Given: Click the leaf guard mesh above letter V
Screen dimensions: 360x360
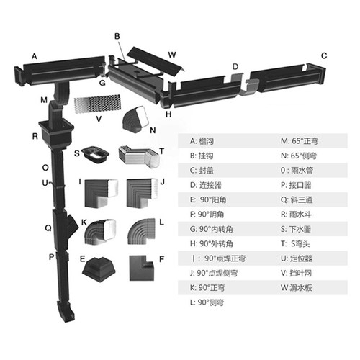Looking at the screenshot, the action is click(97, 104).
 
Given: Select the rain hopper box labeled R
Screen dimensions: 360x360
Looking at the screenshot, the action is click(56, 135).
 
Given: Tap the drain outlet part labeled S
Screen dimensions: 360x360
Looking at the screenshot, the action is click(95, 154).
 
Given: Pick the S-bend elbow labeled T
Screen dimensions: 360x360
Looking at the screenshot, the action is click(139, 157).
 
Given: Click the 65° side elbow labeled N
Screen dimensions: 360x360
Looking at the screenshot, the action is click(135, 119).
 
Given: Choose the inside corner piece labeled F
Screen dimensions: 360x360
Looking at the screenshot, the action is click(141, 268).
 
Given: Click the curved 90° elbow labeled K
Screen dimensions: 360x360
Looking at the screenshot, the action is click(100, 232).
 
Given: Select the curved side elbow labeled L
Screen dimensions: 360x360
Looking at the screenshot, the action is click(141, 231).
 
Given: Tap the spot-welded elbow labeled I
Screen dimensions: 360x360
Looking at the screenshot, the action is click(101, 193).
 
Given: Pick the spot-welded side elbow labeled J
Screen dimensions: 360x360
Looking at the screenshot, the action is click(141, 193).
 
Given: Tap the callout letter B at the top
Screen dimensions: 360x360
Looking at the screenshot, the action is click(117, 37).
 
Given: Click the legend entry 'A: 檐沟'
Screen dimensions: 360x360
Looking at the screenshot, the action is click(202, 141).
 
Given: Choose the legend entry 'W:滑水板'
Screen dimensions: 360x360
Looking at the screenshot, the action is click(296, 288).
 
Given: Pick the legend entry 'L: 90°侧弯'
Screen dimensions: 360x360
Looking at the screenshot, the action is click(207, 302).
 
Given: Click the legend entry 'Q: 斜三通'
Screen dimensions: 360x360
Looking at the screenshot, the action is click(297, 200).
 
